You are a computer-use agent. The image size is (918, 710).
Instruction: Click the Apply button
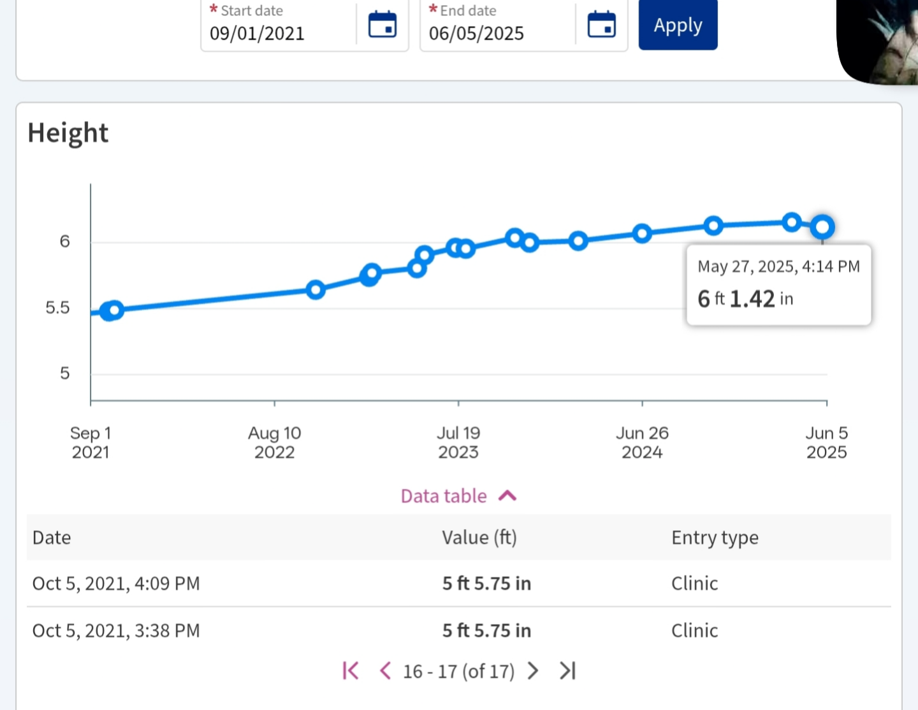pos(678,25)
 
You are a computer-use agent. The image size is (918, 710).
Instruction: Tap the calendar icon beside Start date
pos(382,25)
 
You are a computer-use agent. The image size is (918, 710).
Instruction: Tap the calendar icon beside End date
pos(601,25)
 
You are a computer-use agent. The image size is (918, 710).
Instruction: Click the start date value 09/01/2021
pos(257,33)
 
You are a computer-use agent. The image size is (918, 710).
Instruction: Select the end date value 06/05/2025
pos(476,33)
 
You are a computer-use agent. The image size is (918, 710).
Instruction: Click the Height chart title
pos(68,133)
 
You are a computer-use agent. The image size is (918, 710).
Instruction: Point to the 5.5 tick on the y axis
pos(57,308)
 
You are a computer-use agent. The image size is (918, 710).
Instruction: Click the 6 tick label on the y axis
pos(64,242)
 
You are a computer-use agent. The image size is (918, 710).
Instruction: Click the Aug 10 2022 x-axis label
pos(274,442)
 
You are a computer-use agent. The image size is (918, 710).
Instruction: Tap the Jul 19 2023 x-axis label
pos(458,442)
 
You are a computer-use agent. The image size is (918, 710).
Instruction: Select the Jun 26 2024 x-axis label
pos(642,442)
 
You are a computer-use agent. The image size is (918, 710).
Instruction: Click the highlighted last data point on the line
pos(822,226)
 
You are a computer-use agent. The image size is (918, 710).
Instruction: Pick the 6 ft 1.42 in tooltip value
pos(745,298)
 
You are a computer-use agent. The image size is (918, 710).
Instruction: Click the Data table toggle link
pos(458,496)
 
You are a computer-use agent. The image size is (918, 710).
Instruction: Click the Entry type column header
pos(715,537)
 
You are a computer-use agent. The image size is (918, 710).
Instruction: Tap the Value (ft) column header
pos(479,537)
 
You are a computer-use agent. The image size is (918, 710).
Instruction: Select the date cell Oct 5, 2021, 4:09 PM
pos(116,583)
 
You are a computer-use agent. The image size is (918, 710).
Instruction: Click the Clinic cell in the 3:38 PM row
pos(694,630)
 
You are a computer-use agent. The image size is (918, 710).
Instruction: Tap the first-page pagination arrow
pos(351,670)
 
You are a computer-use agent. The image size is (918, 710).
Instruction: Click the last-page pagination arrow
pos(567,670)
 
